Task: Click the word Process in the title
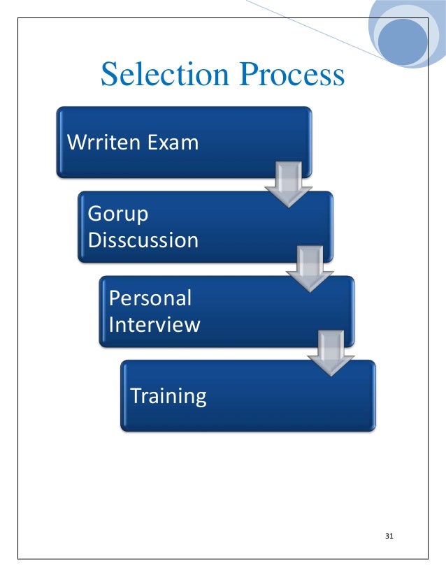(291, 75)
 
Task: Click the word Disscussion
(143, 240)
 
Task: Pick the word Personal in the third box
(150, 298)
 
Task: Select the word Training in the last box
(168, 397)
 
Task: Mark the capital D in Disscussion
(94, 240)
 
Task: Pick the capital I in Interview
(112, 325)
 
